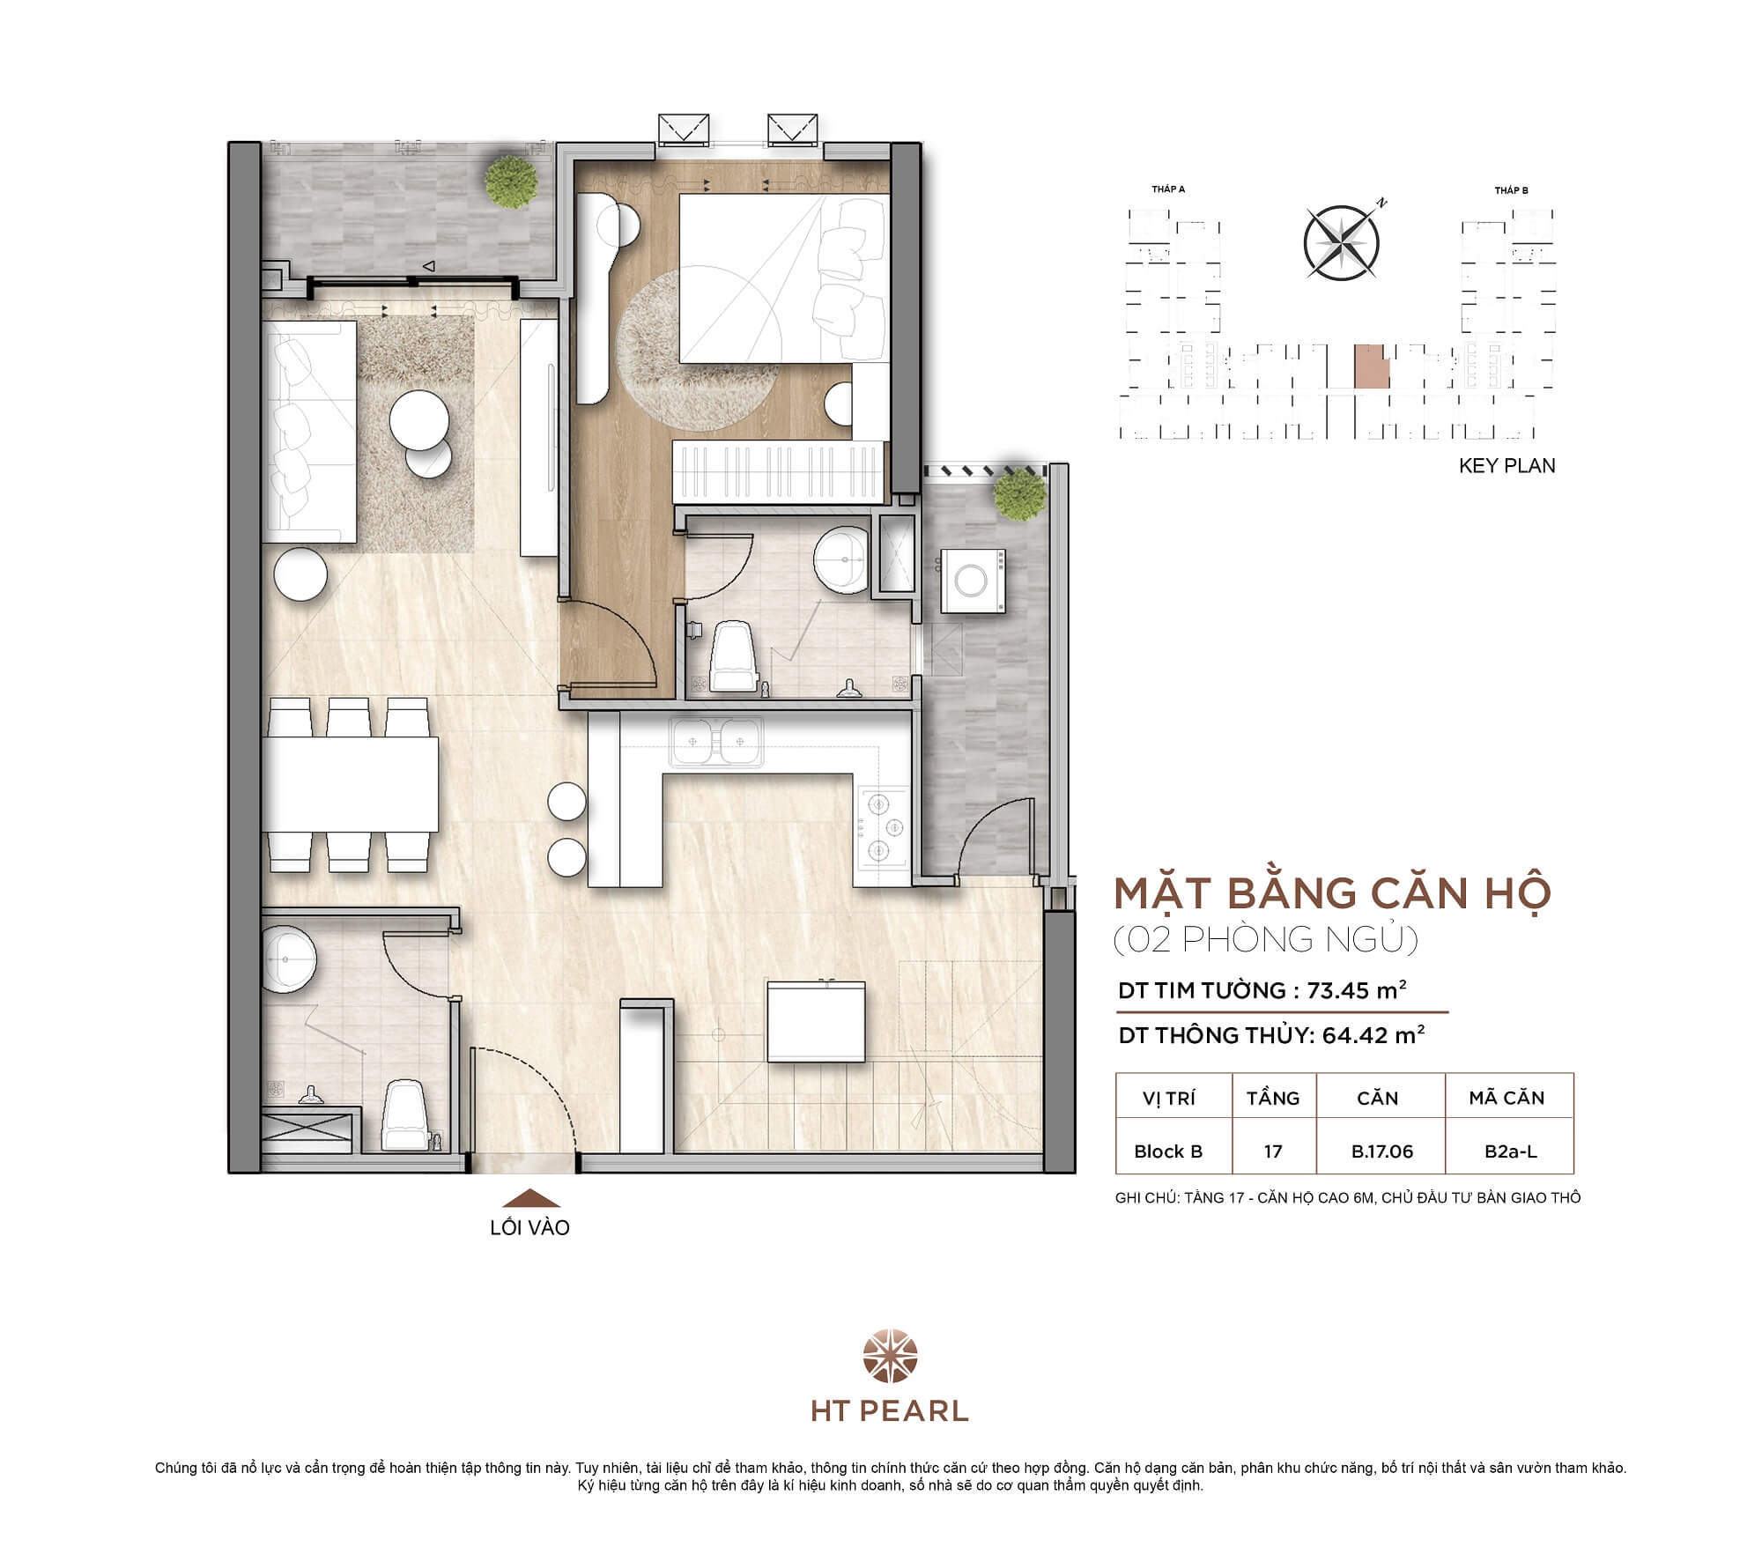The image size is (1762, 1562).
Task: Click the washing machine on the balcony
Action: click(x=974, y=580)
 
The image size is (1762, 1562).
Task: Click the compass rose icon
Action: click(x=1341, y=242)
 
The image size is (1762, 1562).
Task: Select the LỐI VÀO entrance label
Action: click(x=529, y=1227)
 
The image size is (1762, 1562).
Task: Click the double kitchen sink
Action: click(x=715, y=742)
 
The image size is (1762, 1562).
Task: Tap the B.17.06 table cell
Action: click(x=1381, y=1151)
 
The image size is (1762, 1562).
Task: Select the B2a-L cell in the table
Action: click(x=1510, y=1151)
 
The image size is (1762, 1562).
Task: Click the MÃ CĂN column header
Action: click(x=1507, y=1098)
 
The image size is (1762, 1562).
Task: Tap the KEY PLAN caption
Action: click(x=1507, y=466)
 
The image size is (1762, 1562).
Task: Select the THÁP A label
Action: click(x=1168, y=189)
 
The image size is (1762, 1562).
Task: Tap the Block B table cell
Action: click(x=1168, y=1151)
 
